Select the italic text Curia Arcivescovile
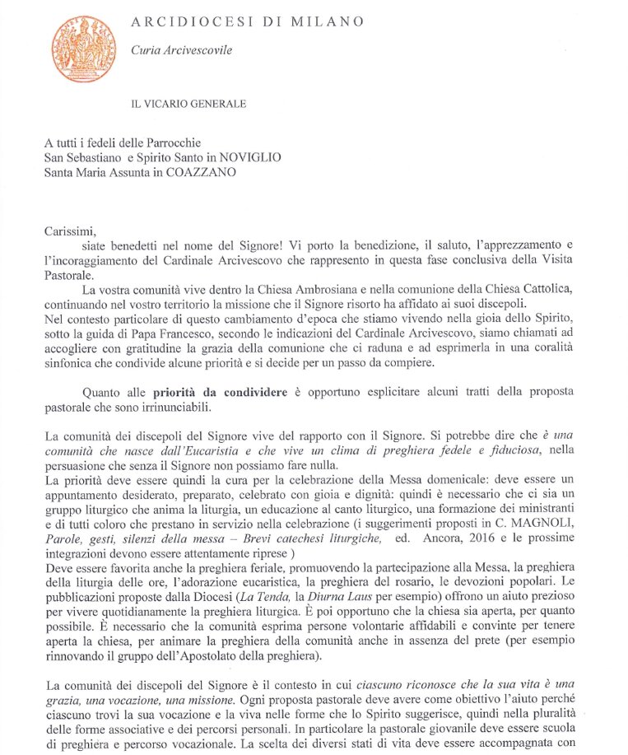click(x=182, y=50)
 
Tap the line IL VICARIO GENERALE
click(x=188, y=104)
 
